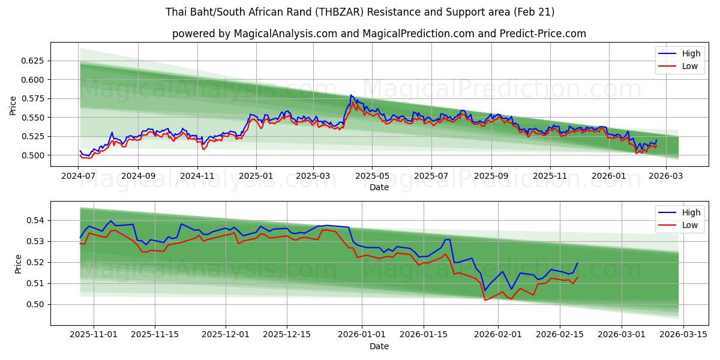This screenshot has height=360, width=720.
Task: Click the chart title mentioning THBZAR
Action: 360,12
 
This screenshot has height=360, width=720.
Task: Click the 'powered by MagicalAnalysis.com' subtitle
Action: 379,34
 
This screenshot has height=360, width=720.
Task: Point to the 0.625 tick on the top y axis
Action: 33,61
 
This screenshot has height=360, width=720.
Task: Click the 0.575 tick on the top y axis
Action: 33,98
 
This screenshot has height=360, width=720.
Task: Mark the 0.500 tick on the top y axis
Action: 33,155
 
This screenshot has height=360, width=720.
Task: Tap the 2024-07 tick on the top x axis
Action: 79,176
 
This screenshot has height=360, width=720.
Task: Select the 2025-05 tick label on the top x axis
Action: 372,176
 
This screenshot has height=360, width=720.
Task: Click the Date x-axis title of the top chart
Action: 379,187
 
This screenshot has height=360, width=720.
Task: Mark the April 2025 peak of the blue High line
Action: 351,95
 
